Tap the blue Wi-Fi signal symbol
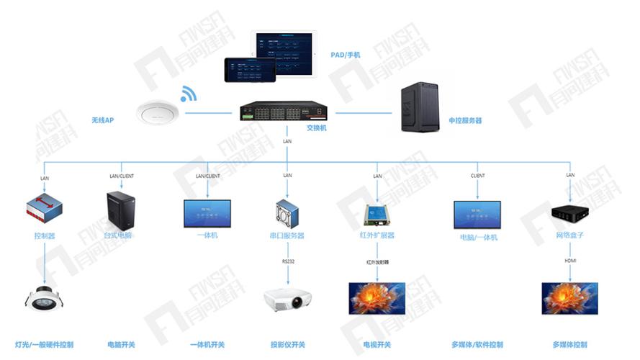click(188, 94)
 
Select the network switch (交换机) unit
click(284, 111)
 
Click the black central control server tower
click(419, 107)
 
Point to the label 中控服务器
click(465, 121)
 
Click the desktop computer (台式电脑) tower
click(121, 210)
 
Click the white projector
click(287, 299)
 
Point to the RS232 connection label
click(287, 261)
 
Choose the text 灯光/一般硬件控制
click(44, 345)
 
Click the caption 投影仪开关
click(287, 345)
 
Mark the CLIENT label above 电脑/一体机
click(477, 176)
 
